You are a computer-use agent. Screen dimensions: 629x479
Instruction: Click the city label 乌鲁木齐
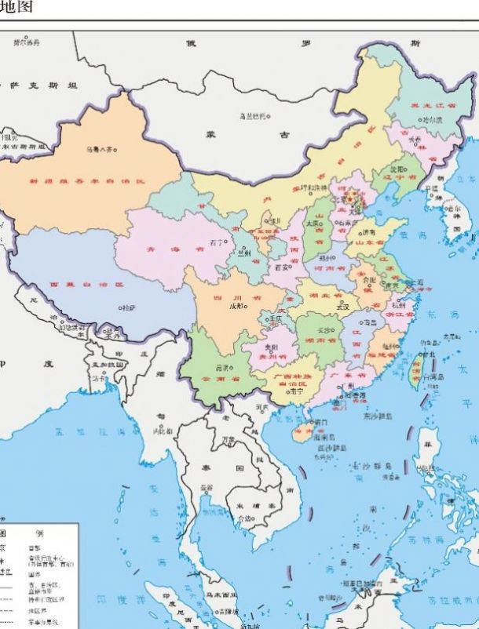click(x=99, y=147)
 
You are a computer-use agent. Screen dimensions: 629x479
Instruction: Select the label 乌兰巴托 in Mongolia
click(x=253, y=116)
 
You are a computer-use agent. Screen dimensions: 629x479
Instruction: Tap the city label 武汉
click(x=342, y=307)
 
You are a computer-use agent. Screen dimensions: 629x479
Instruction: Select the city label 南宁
click(x=295, y=390)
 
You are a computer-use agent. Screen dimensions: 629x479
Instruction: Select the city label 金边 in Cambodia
click(x=246, y=518)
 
